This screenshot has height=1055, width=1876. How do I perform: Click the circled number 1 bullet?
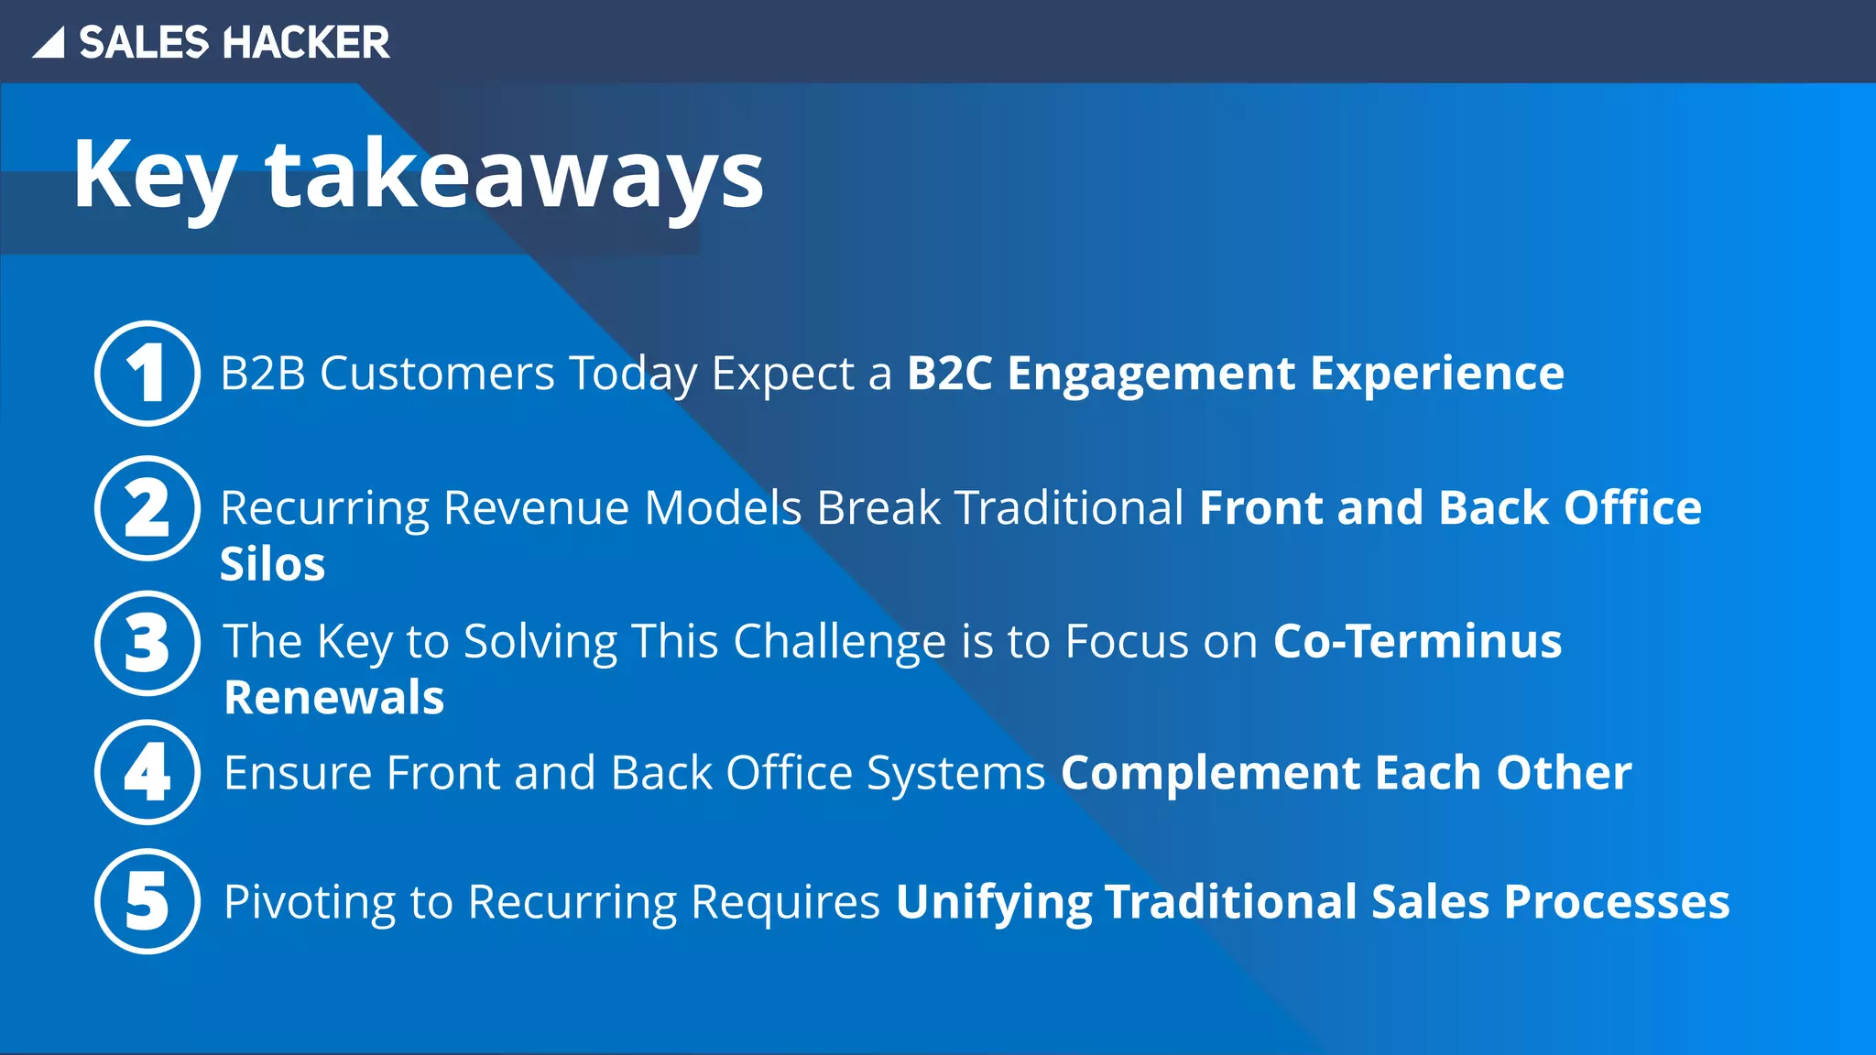pos(147,374)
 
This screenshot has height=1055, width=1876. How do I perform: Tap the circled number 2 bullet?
pos(147,508)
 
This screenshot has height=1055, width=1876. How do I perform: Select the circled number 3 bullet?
pos(147,643)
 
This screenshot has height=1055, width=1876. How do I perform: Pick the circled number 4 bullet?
pos(147,772)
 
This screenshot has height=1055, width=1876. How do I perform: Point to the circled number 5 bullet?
pos(147,901)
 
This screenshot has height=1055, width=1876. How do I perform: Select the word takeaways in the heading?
pos(515,174)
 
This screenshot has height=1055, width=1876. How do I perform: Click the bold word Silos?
pos(272,564)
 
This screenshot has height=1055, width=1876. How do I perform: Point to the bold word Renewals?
pos(334,698)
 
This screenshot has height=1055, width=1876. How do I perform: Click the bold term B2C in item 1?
pos(949,374)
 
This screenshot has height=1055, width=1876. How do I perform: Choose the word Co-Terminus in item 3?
pos(1417,641)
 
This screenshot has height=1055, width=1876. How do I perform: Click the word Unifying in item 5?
pos(993,903)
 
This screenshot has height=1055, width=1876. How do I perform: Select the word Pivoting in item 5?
pos(310,903)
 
